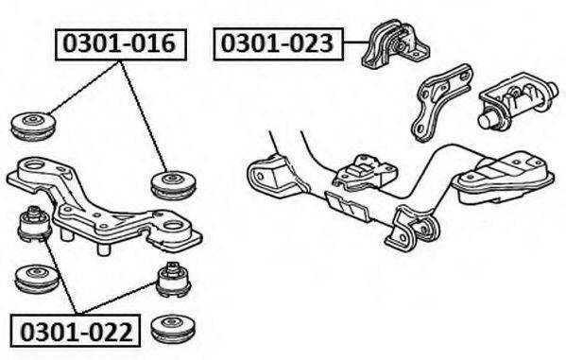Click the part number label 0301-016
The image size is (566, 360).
click(x=121, y=44)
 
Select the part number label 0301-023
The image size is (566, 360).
click(x=279, y=43)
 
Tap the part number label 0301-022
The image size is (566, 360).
click(x=76, y=331)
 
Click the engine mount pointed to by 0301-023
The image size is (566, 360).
click(x=395, y=44)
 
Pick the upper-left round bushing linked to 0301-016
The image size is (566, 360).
click(x=33, y=127)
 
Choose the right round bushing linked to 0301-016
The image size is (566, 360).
click(x=173, y=185)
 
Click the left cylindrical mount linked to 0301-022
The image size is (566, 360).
click(x=34, y=225)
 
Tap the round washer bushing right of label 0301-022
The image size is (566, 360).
click(x=173, y=330)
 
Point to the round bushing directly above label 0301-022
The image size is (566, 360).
click(x=37, y=279)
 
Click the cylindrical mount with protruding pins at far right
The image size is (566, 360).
click(x=517, y=101)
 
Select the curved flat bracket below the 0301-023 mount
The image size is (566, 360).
click(x=440, y=103)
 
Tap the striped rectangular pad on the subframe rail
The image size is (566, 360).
click(x=347, y=206)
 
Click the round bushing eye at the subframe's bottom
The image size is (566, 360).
click(x=428, y=229)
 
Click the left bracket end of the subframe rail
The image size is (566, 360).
click(x=266, y=177)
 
